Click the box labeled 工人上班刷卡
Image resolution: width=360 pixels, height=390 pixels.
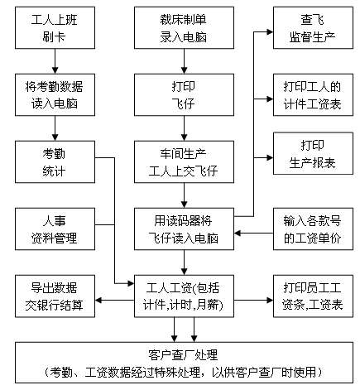[55, 28]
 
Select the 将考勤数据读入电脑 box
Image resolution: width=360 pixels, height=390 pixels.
[55, 94]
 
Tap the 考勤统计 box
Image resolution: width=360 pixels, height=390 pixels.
[55, 161]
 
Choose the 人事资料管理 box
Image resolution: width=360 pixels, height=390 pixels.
[55, 229]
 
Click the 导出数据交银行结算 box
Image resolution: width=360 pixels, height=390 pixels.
[55, 296]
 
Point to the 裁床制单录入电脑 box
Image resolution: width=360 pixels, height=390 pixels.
[184, 28]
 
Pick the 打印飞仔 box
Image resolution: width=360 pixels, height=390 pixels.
[184, 94]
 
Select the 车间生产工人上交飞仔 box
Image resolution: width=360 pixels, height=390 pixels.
[184, 161]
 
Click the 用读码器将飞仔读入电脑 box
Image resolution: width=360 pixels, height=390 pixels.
[184, 229]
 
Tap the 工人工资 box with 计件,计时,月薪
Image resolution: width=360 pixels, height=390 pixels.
[184, 296]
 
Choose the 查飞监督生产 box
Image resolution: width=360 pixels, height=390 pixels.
[313, 28]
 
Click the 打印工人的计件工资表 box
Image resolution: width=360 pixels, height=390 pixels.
[313, 94]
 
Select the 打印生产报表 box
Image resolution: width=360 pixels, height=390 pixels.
[313, 153]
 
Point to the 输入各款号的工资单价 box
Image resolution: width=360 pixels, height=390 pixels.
[313, 229]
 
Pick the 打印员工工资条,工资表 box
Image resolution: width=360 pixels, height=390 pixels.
[313, 296]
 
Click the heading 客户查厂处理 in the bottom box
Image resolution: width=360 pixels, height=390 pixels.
[183, 355]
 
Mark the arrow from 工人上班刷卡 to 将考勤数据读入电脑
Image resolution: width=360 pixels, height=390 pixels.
[55, 61]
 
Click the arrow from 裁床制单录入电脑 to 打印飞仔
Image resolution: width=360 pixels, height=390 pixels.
[184, 61]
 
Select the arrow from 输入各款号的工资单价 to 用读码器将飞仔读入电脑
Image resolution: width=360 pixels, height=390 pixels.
[254, 234]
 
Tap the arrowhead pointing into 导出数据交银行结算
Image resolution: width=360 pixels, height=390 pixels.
[98, 301]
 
